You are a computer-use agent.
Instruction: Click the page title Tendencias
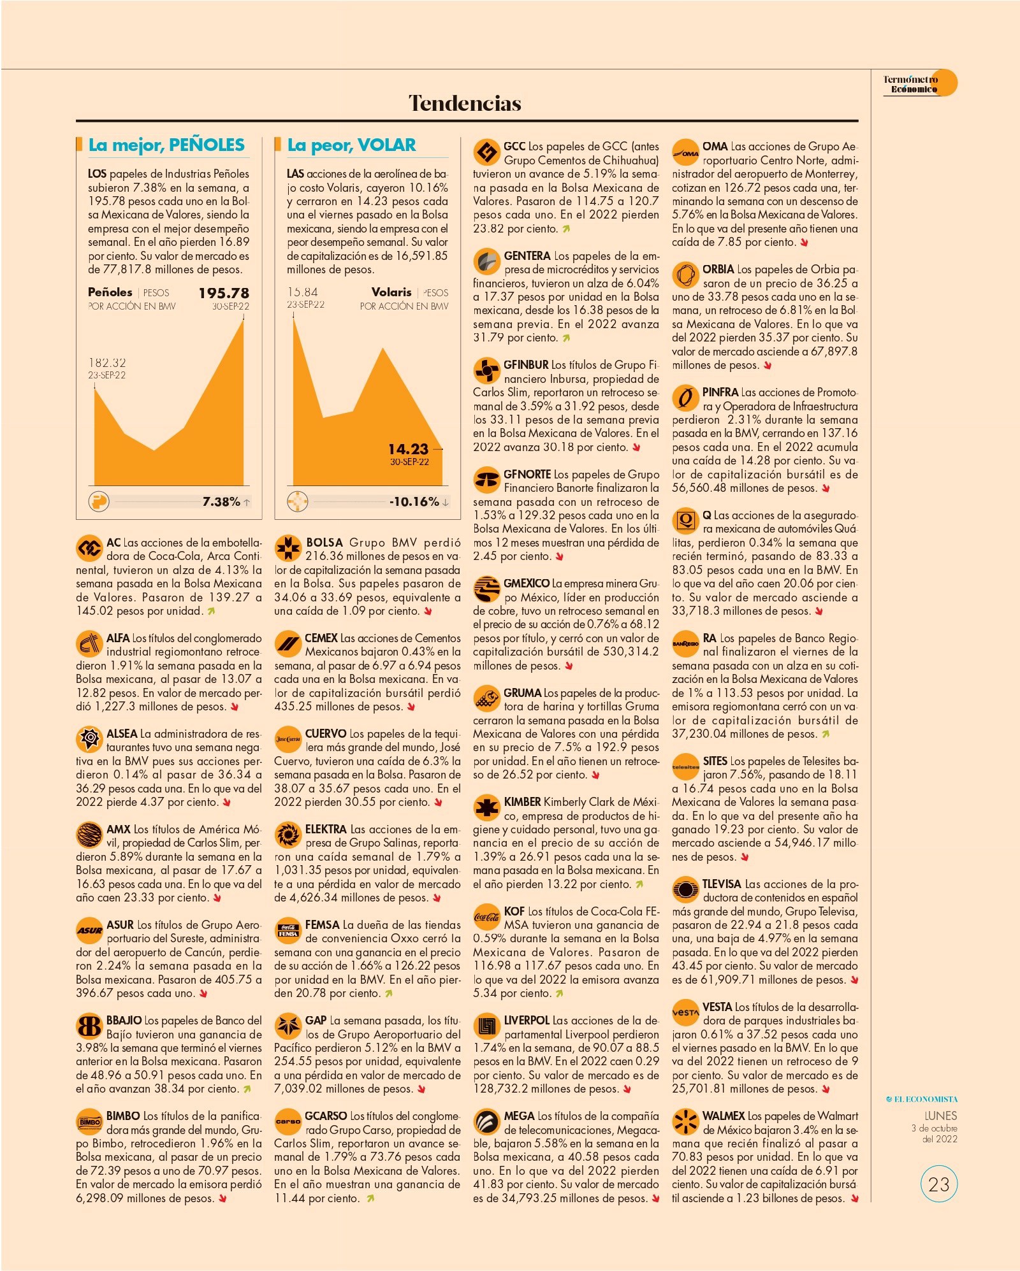(x=465, y=103)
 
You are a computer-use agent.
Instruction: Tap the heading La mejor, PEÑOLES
(x=166, y=145)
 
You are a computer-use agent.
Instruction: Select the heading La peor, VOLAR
(x=351, y=145)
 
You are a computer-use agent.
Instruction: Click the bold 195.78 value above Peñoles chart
(x=224, y=293)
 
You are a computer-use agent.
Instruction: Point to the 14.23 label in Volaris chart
(x=408, y=449)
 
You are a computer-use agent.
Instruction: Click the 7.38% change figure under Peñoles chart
(x=221, y=502)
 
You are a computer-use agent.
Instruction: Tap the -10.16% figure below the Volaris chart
(x=414, y=502)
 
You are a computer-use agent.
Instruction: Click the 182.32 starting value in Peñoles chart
(x=107, y=363)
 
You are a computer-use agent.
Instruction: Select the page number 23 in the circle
(x=939, y=1184)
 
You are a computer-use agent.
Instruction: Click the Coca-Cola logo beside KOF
(x=486, y=917)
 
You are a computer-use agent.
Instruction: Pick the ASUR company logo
(x=89, y=931)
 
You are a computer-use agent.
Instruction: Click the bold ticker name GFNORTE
(x=527, y=475)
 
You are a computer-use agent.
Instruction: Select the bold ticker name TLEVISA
(x=722, y=884)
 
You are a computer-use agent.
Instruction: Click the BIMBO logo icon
(x=89, y=1122)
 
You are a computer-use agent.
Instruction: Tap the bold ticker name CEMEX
(x=321, y=638)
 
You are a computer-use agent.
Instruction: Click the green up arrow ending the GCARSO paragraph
(x=370, y=1198)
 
